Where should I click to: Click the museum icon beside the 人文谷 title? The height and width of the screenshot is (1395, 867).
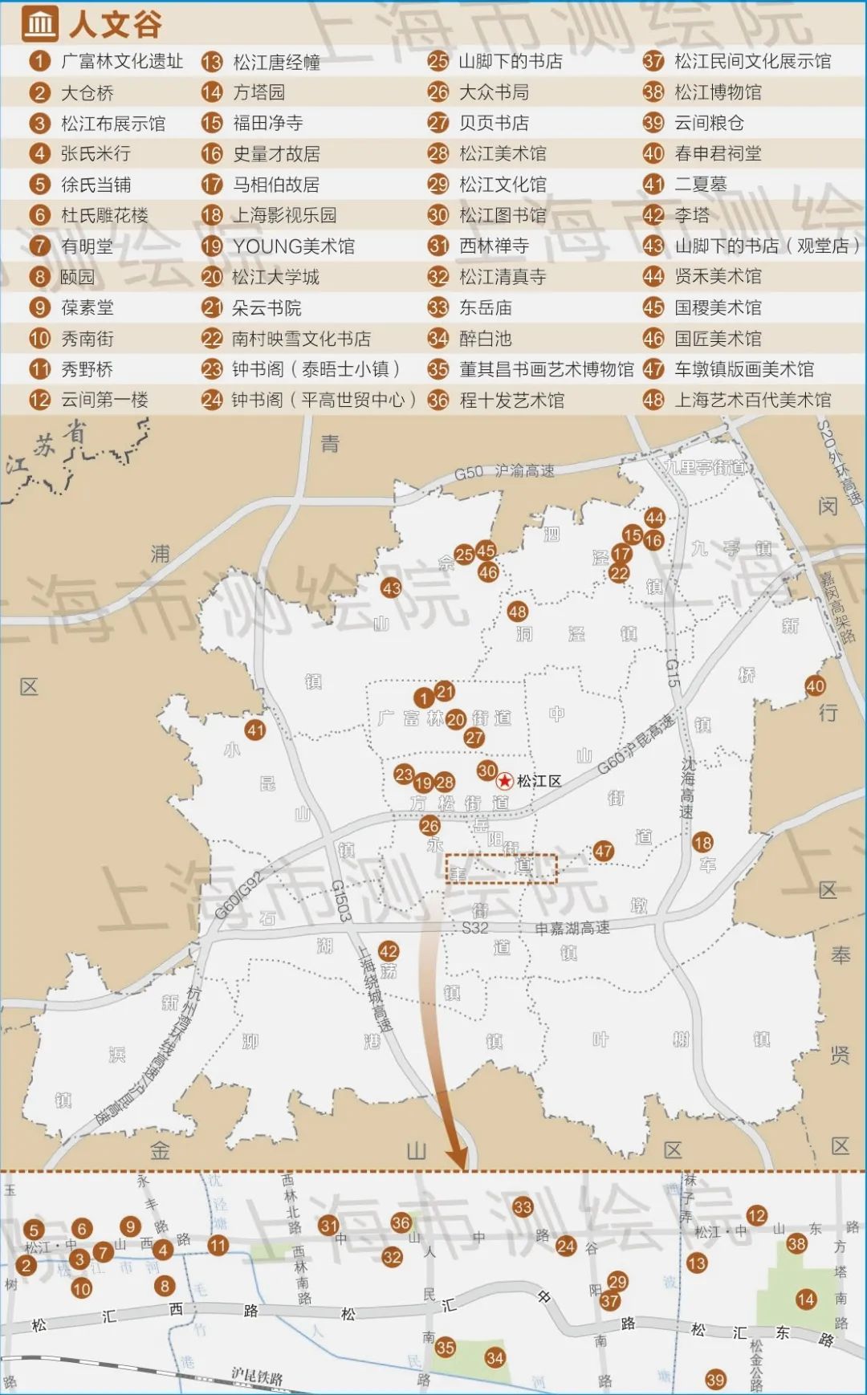coord(39,23)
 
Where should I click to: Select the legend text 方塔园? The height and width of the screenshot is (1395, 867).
coord(258,92)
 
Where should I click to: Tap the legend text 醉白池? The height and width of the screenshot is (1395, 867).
coord(485,339)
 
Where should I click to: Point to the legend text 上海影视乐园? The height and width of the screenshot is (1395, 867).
coord(284,215)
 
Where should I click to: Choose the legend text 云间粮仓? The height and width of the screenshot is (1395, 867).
coord(709,123)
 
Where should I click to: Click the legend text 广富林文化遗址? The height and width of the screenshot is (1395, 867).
coord(122,62)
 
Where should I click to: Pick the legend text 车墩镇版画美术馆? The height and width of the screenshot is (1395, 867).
coord(743,369)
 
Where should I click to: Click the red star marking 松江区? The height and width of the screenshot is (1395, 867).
coord(505,780)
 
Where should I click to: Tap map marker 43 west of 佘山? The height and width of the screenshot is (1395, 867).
coord(391,588)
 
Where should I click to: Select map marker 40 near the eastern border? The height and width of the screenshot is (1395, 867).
coord(815,686)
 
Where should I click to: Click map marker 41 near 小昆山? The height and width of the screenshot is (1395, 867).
coord(255,730)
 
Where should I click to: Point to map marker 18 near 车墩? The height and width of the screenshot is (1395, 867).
coord(702,842)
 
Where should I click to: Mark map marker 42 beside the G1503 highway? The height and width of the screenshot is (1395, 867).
coord(389,951)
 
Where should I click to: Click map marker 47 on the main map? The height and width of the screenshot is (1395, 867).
coord(603,851)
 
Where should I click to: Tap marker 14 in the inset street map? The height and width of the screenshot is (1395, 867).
coord(806,1299)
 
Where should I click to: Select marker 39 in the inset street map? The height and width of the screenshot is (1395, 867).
coord(715,1380)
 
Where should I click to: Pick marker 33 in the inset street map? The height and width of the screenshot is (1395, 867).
coord(523,1206)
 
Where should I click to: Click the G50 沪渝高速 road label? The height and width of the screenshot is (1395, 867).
coord(504,472)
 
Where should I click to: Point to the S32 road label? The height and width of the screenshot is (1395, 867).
coord(475,928)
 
